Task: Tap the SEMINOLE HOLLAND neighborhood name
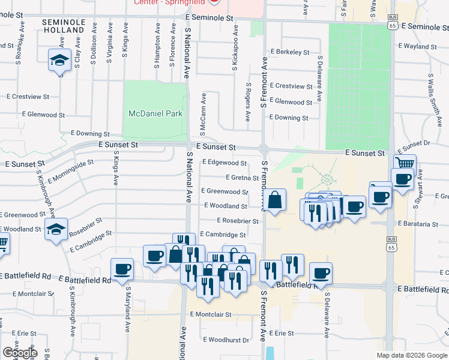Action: tap(63, 26)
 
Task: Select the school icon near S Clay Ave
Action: tap(59, 61)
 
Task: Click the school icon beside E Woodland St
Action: tap(56, 229)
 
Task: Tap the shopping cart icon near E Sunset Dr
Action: tap(405, 164)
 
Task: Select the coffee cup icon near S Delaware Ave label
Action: tap(320, 273)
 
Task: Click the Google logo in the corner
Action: tap(19, 353)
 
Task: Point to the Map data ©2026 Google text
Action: tap(411, 355)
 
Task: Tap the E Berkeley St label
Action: tap(289, 52)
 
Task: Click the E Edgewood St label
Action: tap(224, 163)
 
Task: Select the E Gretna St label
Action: tap(242, 178)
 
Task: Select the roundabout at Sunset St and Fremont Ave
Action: tap(263, 149)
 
